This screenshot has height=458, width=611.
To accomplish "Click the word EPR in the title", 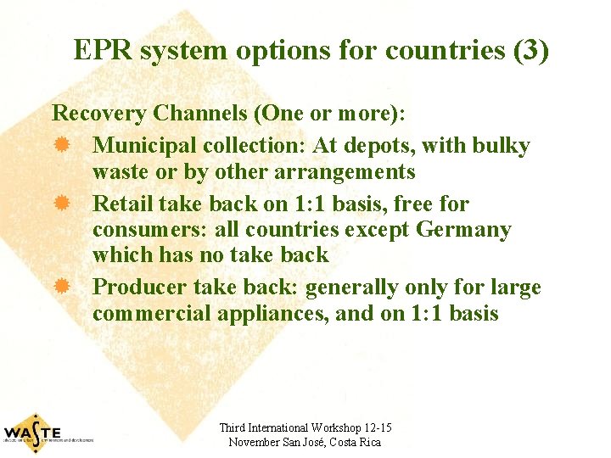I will tap(104, 51).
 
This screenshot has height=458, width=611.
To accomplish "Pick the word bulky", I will tap(501, 146).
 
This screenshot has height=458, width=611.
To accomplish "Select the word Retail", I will tap(121, 204).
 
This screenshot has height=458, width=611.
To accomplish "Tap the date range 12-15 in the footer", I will tap(376, 428).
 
